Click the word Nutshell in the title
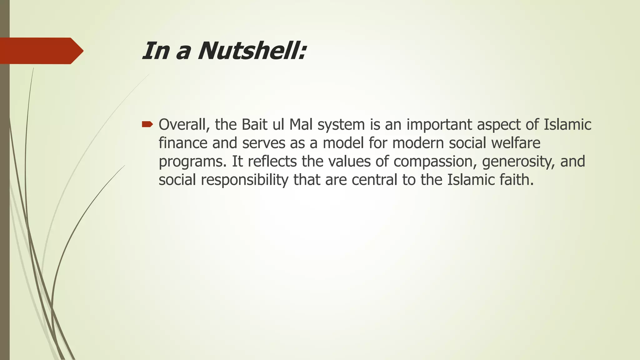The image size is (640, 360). [252, 51]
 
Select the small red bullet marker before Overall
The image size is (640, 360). [147, 125]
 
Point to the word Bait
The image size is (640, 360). [254, 124]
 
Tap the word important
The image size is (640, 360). [439, 125]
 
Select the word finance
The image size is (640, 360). [183, 143]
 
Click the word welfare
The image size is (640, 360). [516, 143]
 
